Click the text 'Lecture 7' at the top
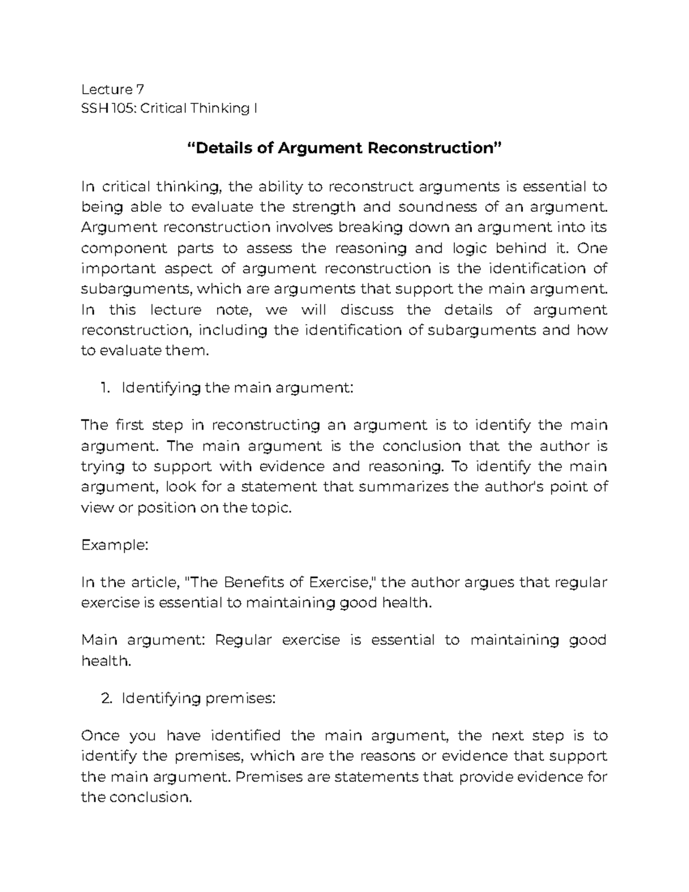113,89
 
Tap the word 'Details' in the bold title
225,148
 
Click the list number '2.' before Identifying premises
105,699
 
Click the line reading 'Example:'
115,546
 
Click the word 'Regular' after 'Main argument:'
243,640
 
